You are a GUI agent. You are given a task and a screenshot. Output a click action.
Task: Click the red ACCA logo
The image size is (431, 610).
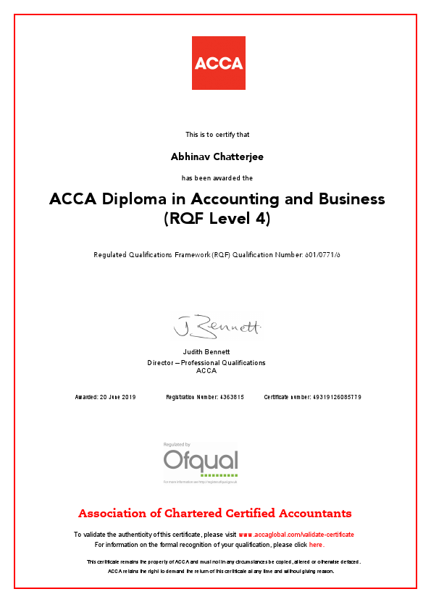click(218, 63)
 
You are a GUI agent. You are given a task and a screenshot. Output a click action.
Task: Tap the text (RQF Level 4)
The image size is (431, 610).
click(217, 218)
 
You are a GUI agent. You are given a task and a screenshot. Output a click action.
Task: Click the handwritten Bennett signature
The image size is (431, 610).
click(217, 327)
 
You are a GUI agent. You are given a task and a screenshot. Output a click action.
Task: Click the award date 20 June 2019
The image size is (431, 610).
click(118, 397)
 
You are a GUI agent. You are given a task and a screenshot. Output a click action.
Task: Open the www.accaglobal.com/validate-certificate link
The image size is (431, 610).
click(296, 535)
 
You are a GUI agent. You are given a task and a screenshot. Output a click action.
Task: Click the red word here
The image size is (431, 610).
click(316, 544)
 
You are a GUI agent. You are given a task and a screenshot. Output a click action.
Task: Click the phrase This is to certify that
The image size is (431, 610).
click(217, 134)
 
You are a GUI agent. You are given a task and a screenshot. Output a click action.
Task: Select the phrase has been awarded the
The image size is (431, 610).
click(217, 177)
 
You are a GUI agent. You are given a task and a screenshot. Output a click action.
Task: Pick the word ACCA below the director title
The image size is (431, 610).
click(206, 371)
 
